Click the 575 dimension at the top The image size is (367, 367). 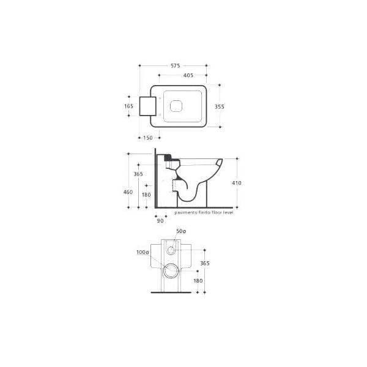(x=176, y=66)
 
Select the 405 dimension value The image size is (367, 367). (x=188, y=75)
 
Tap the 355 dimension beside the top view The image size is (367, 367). (x=220, y=106)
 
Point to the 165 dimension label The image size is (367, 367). (x=128, y=106)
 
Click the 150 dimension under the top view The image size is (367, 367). (x=148, y=138)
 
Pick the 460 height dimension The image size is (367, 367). (x=128, y=192)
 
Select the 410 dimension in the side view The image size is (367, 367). (x=237, y=183)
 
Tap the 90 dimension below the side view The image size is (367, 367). (x=160, y=221)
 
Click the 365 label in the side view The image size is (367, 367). (x=138, y=174)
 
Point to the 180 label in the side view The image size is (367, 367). (x=146, y=195)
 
